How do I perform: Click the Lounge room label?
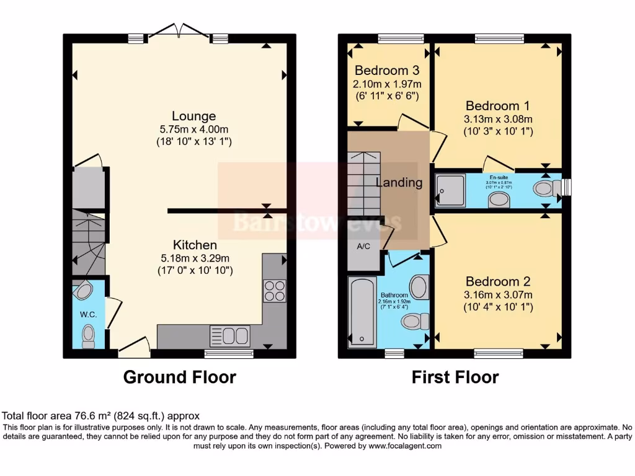pyautogui.click(x=193, y=116)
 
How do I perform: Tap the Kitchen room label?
pyautogui.click(x=195, y=245)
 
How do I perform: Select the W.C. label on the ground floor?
pyautogui.click(x=88, y=314)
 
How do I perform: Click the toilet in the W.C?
pyautogui.click(x=88, y=335)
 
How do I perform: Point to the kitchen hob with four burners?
pyautogui.click(x=275, y=291)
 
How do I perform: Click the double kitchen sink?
pyautogui.click(x=230, y=335)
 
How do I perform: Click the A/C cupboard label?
pyautogui.click(x=363, y=246)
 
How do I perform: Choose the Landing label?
pyautogui.click(x=399, y=183)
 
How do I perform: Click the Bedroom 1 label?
pyautogui.click(x=498, y=105)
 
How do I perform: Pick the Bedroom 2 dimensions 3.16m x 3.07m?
pyautogui.click(x=498, y=294)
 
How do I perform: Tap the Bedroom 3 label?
pyautogui.click(x=386, y=71)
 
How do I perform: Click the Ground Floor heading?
pyautogui.click(x=180, y=377)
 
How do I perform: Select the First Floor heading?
pyautogui.click(x=455, y=377)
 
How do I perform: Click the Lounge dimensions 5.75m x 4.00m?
pyautogui.click(x=193, y=130)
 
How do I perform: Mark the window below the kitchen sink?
pyautogui.click(x=229, y=354)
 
